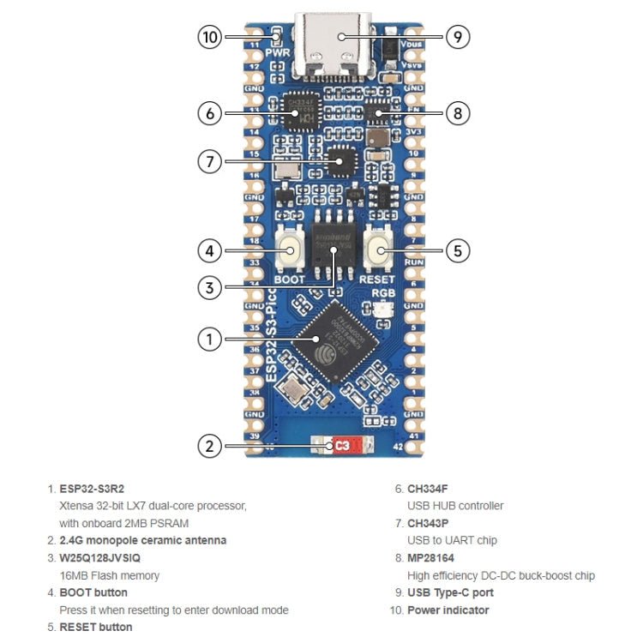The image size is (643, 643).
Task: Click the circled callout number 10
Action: pyautogui.click(x=210, y=37)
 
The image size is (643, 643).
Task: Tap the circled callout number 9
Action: pyautogui.click(x=458, y=37)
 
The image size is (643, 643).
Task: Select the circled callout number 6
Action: pyautogui.click(x=210, y=112)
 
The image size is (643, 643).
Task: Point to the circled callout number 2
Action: pyautogui.click(x=209, y=446)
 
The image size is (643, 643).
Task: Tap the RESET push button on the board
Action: pyautogui.click(x=378, y=250)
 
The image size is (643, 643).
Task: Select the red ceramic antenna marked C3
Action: pyautogui.click(x=341, y=446)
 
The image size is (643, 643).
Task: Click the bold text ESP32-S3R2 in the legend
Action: pyautogui.click(x=98, y=489)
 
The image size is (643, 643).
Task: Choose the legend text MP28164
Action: pyautogui.click(x=431, y=558)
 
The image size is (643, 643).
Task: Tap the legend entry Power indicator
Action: pyautogui.click(x=448, y=610)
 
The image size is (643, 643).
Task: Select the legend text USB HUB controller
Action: pyautogui.click(x=455, y=506)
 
